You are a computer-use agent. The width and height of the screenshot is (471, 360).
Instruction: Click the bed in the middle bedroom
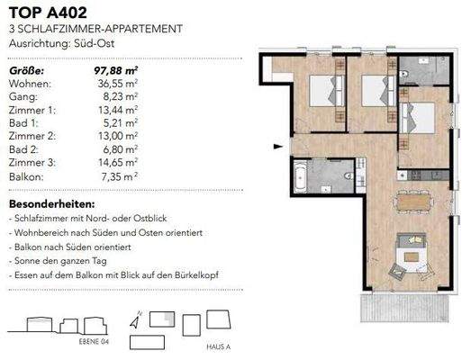pos(373,91)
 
